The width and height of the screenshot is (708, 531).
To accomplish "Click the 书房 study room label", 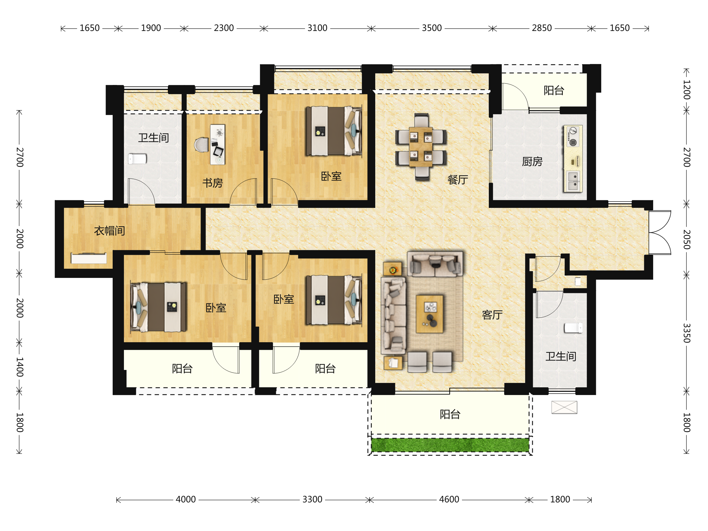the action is (x=212, y=183).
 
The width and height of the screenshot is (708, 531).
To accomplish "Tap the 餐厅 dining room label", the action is (x=458, y=180).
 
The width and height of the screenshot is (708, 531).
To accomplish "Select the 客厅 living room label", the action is (x=492, y=315).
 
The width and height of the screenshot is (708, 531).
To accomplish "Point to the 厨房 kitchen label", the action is (x=532, y=162).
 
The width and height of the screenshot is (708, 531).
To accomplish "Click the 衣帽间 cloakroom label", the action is (x=109, y=231).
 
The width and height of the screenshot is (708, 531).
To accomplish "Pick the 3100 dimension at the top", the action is (x=317, y=28).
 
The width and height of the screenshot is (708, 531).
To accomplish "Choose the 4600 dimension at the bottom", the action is (x=449, y=499).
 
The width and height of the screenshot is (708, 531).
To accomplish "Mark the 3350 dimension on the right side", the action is (x=686, y=333).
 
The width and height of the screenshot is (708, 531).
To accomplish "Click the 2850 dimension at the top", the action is (x=542, y=28).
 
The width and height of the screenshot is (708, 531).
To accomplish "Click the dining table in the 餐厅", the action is (x=421, y=147).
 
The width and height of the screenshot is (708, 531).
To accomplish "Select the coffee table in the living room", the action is (x=430, y=314).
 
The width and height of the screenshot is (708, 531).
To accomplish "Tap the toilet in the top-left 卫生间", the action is (x=137, y=159).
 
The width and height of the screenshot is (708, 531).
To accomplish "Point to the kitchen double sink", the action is (x=573, y=181).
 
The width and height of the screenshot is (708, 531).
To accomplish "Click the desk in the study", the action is (x=218, y=144).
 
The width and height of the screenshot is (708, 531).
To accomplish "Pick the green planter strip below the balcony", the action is (x=450, y=445).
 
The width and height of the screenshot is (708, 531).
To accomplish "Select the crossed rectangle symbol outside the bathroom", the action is (x=564, y=407).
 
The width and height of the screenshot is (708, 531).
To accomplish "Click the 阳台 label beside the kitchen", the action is (x=554, y=90).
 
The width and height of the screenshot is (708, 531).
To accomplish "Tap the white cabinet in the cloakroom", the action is (x=89, y=258).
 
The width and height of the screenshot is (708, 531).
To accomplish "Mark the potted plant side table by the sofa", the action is (x=392, y=270).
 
